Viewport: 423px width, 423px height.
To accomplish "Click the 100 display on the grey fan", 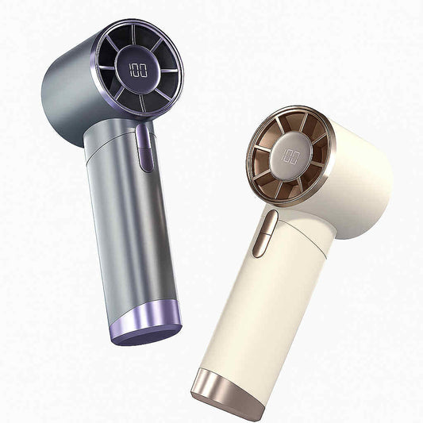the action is tap(138, 70).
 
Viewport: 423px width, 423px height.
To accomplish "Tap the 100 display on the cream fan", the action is tap(290, 157).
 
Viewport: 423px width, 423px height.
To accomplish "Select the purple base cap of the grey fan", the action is tap(146, 321).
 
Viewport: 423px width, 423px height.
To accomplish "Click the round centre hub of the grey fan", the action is tap(138, 70).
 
